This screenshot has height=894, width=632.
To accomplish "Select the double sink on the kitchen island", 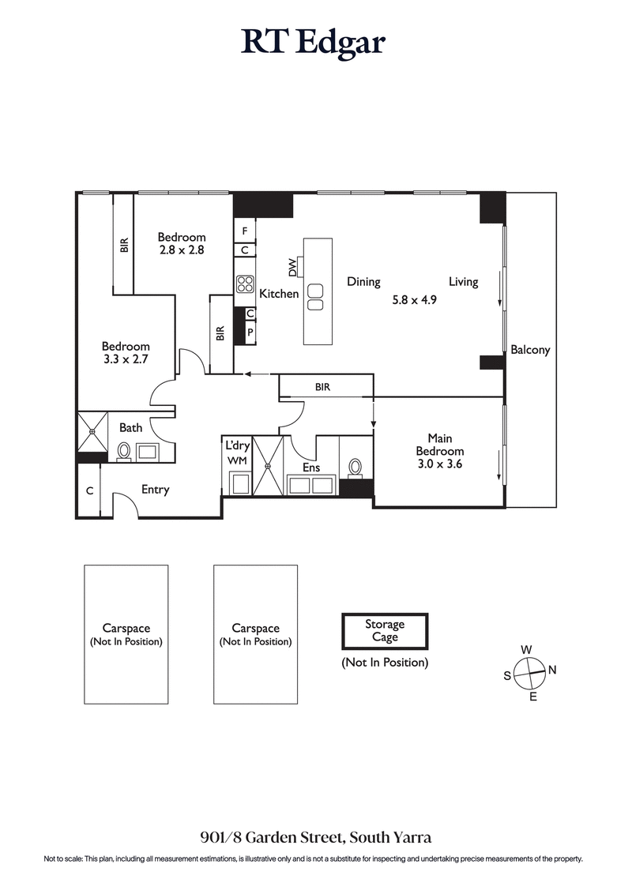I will pyautogui.click(x=315, y=297).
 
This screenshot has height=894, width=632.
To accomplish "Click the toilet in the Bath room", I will pyautogui.click(x=124, y=451).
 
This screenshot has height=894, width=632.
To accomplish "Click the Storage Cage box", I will pyautogui.click(x=385, y=631).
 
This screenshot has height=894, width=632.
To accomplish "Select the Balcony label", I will pyautogui.click(x=530, y=350).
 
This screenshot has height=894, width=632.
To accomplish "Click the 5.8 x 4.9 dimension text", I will pyautogui.click(x=415, y=300).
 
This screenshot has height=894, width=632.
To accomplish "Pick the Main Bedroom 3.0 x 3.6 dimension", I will pyautogui.click(x=439, y=464).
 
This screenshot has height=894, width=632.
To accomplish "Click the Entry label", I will pyautogui.click(x=155, y=490).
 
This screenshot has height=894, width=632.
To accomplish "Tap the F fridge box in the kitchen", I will pyautogui.click(x=245, y=231).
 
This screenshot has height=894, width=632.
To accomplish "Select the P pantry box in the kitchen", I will pyautogui.click(x=250, y=332).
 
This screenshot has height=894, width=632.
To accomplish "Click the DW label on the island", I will pyautogui.click(x=293, y=268).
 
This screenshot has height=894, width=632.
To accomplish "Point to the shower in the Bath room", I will pyautogui.click(x=92, y=432).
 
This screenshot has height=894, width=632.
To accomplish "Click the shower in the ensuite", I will pyautogui.click(x=267, y=467).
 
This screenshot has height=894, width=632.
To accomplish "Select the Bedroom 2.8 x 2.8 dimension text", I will pyautogui.click(x=181, y=250).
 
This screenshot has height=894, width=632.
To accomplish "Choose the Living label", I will pyautogui.click(x=463, y=282).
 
